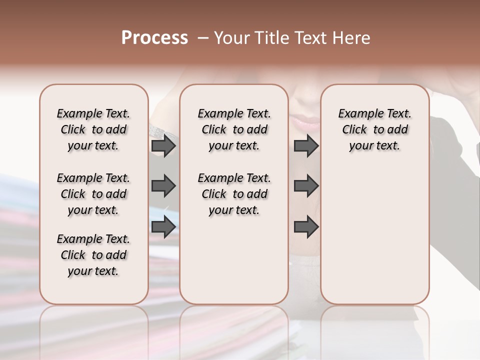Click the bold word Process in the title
tap(154, 38)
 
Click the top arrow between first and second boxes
tap(163, 146)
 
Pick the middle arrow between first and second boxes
tap(163, 186)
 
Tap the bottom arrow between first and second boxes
tap(163, 226)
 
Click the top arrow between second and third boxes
tap(306, 146)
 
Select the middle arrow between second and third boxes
tap(306, 186)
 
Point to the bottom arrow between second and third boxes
tap(306, 226)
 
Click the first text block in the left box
tap(93, 129)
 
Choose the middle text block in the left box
tap(93, 194)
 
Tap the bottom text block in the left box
tap(93, 255)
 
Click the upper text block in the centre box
tap(234, 129)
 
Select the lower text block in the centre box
tap(234, 194)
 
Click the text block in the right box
tap(375, 129)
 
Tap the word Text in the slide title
tap(310, 38)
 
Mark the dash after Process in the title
tap(203, 38)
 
